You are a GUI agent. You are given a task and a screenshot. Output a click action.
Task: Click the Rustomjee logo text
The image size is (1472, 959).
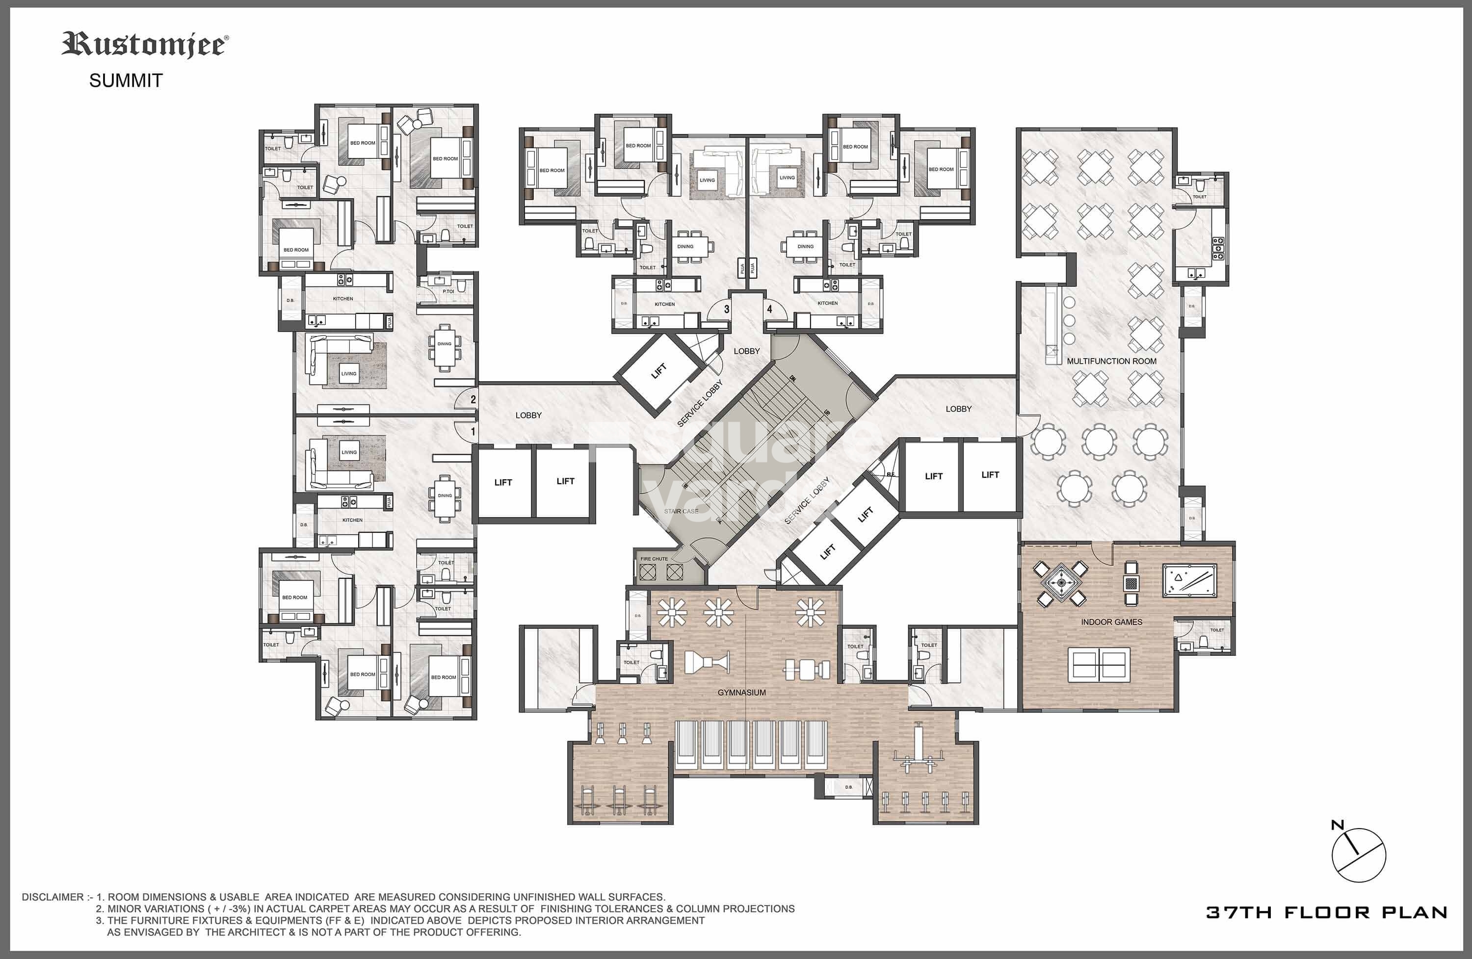pyautogui.click(x=145, y=45)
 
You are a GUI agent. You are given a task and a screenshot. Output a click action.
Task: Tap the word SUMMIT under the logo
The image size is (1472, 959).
pyautogui.click(x=126, y=80)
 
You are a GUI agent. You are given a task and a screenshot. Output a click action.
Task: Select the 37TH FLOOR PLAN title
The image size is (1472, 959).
pyautogui.click(x=1326, y=912)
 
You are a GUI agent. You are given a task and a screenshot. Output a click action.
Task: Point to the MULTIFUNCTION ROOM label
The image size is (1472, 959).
pyautogui.click(x=1111, y=361)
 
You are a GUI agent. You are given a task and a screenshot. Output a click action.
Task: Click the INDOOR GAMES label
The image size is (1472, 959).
pyautogui.click(x=1111, y=622)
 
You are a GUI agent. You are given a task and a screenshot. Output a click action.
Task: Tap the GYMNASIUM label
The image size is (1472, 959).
pyautogui.click(x=741, y=693)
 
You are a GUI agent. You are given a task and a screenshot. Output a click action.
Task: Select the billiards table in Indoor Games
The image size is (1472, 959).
pyautogui.click(x=1189, y=580)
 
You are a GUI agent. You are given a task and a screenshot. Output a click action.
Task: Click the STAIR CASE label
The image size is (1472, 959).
pyautogui.click(x=681, y=511)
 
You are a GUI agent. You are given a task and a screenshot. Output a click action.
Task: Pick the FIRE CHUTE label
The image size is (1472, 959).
pyautogui.click(x=654, y=559)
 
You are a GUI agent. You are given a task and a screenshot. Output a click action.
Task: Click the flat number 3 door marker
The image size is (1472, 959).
pyautogui.click(x=727, y=309)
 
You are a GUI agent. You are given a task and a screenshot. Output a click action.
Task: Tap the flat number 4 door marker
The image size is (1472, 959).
pyautogui.click(x=769, y=309)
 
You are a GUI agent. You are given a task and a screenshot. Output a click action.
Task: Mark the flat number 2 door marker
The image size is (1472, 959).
pyautogui.click(x=473, y=399)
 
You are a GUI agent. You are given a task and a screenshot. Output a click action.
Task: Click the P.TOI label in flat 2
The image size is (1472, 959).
pyautogui.click(x=448, y=291)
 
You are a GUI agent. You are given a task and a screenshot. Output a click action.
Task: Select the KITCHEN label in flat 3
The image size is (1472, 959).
pyautogui.click(x=665, y=304)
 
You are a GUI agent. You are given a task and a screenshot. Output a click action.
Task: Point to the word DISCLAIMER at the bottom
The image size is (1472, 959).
pyautogui.click(x=53, y=897)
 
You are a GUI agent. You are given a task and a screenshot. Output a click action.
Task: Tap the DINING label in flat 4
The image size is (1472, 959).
pyautogui.click(x=805, y=246)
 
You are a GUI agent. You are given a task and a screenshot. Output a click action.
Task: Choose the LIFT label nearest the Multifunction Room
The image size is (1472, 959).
pyautogui.click(x=990, y=475)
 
